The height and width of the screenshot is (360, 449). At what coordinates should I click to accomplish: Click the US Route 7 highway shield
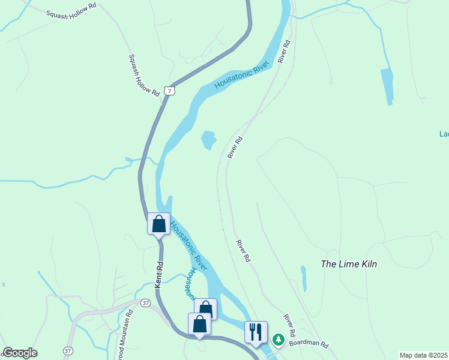coord(170,91)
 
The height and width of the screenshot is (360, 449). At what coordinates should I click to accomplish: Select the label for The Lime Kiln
coord(349,264)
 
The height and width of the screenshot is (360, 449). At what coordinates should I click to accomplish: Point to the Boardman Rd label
coord(309,344)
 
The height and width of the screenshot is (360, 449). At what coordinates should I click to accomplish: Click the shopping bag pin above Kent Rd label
coord(158,224)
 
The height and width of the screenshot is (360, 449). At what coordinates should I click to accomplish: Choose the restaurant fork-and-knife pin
coord(256,332)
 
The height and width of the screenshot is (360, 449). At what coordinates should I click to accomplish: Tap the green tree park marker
coord(278,340)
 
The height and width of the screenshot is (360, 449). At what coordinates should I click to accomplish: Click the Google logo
coord(20,353)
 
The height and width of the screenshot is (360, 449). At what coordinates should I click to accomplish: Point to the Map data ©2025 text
coord(424,355)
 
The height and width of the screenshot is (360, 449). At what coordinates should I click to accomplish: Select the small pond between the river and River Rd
coord(208,140)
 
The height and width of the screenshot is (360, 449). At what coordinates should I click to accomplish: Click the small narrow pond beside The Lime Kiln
coord(304,278)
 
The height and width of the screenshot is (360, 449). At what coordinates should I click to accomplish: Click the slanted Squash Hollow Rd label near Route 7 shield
coord(144,76)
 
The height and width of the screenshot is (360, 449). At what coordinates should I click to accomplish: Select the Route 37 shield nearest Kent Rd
coord(146,303)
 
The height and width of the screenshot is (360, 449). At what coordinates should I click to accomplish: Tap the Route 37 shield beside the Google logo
coord(68,350)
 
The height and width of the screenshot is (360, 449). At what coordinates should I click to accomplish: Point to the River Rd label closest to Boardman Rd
coord(290,325)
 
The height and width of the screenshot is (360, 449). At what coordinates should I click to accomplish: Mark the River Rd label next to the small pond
coord(235,147)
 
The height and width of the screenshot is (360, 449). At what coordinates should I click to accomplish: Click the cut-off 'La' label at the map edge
coord(444,134)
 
